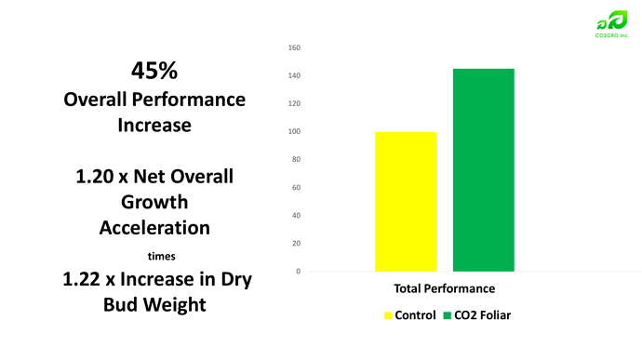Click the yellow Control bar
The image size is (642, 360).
click(x=406, y=202)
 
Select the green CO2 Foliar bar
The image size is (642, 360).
click(x=484, y=170)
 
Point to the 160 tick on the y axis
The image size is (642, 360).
click(x=294, y=47)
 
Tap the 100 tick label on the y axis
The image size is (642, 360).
click(x=294, y=131)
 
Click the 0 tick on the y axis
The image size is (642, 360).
click(x=298, y=271)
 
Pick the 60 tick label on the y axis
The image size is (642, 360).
click(x=296, y=188)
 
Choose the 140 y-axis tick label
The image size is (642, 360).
click(x=294, y=75)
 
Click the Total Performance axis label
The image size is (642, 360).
click(x=444, y=288)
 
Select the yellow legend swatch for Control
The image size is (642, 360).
click(x=388, y=315)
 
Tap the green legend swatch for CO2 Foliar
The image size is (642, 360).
click(x=448, y=315)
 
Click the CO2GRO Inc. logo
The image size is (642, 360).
click(x=611, y=24)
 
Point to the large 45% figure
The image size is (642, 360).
click(x=154, y=71)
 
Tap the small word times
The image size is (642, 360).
click(x=161, y=257)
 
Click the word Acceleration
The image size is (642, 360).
click(x=154, y=228)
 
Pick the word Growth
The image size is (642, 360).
click(x=154, y=202)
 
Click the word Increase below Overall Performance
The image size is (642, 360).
click(x=154, y=126)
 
